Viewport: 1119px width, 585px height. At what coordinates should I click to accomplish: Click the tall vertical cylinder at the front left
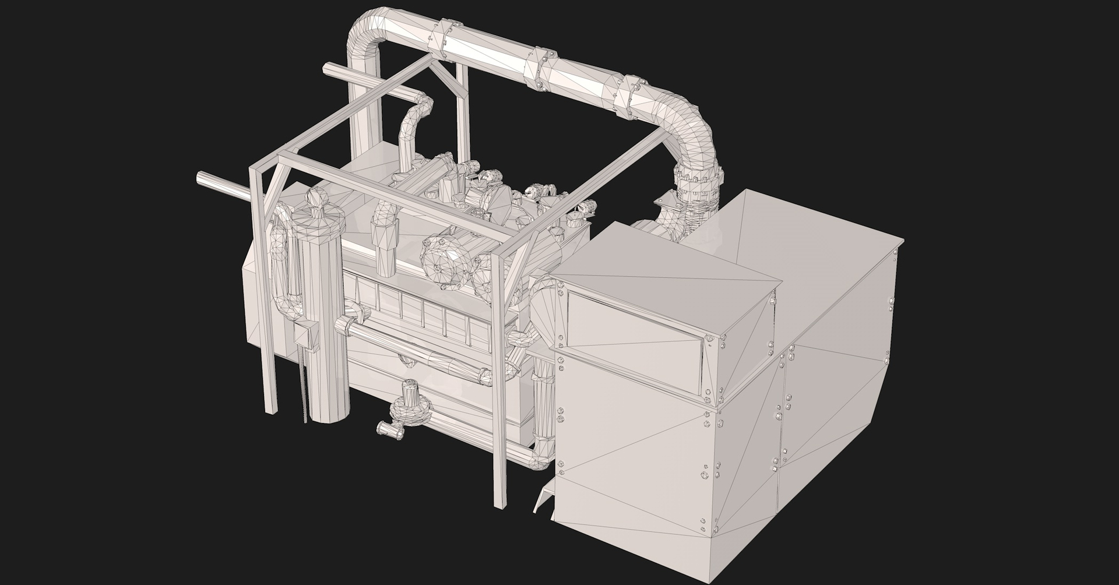click(326, 326)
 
